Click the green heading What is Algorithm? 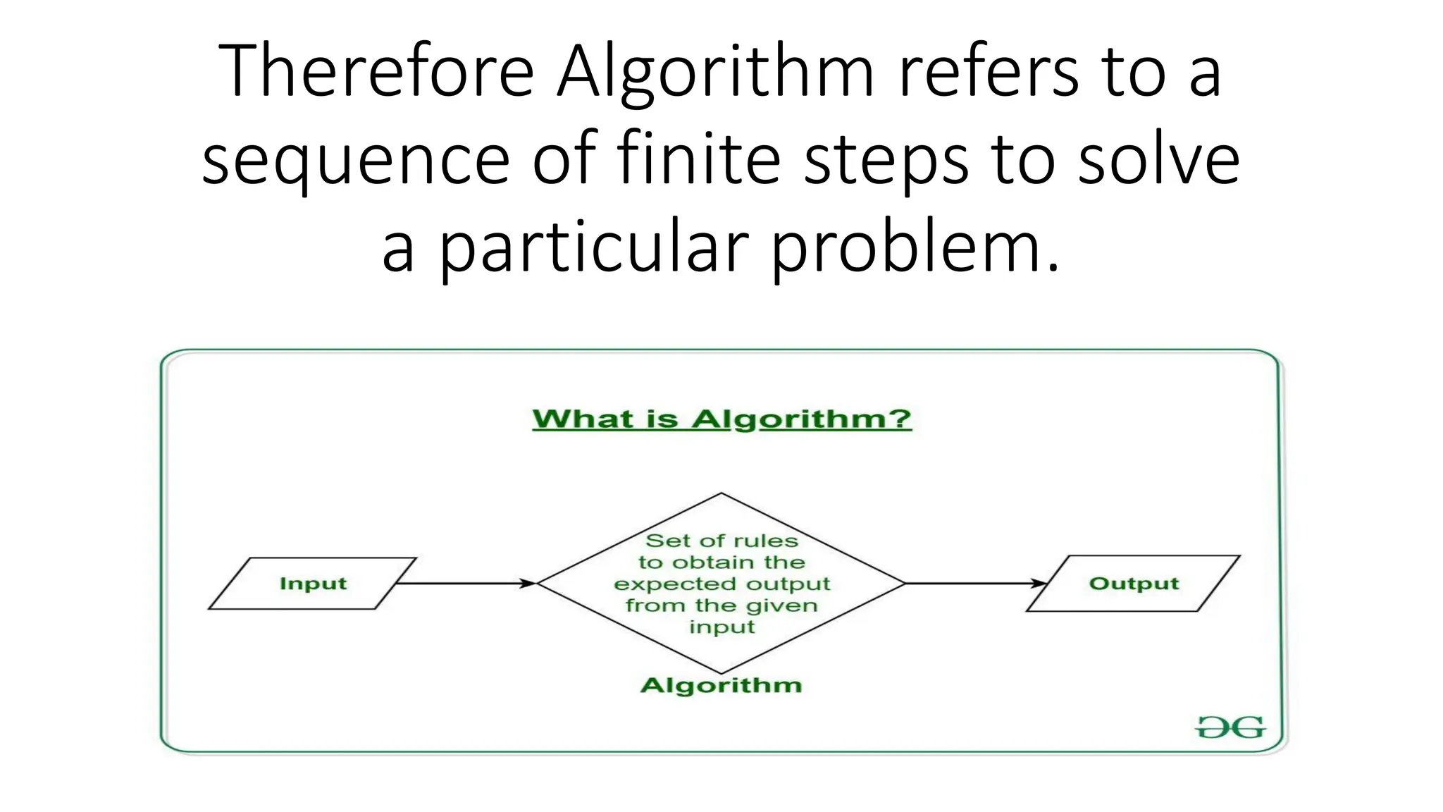(x=721, y=419)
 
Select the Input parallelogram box (x=313, y=584)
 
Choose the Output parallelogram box (x=1133, y=584)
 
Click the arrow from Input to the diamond (x=465, y=584)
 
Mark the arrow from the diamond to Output (x=975, y=584)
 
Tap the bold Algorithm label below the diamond (x=721, y=685)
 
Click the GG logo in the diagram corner (x=1230, y=727)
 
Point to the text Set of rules (x=721, y=541)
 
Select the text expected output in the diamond (x=721, y=584)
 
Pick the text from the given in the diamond (x=721, y=605)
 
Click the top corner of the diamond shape (x=721, y=494)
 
